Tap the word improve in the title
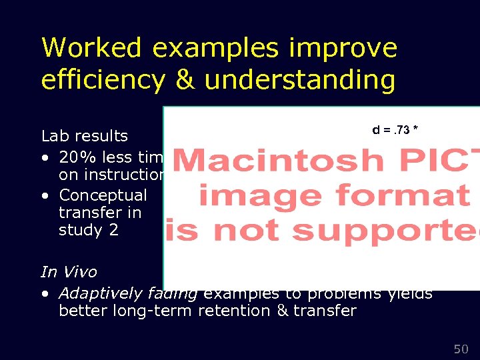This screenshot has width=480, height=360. pos(353,48)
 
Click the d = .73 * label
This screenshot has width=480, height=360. pos(395,129)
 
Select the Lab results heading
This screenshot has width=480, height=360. pos(84,136)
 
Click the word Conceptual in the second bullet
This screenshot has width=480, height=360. pos(103,195)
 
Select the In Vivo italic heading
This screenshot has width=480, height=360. pos(69,272)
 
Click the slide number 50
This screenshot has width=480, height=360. pos(461,349)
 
